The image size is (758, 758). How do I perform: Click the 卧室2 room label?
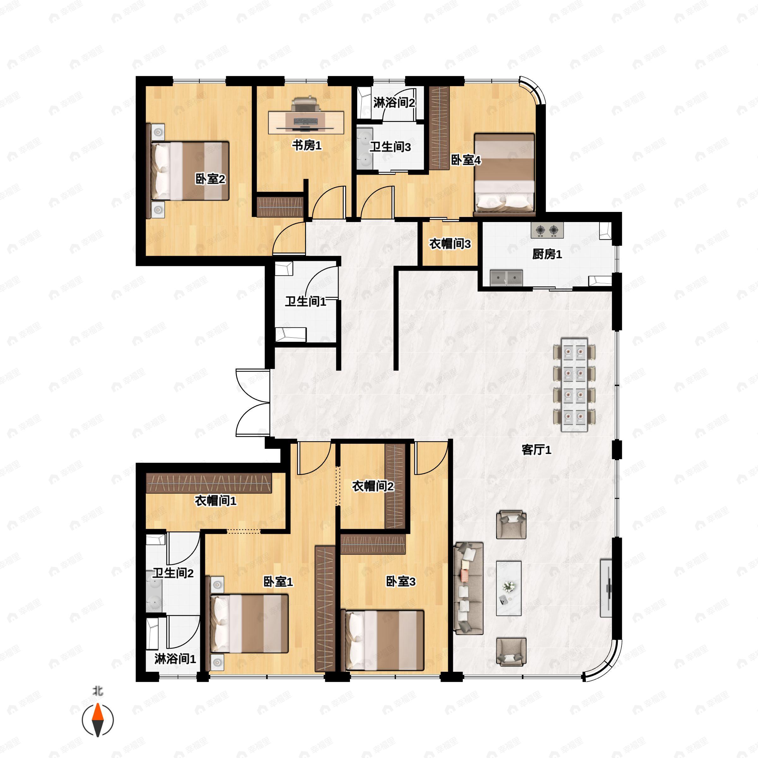[210, 179]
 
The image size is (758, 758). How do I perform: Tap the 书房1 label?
[306, 146]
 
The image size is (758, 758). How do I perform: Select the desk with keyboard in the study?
[306, 122]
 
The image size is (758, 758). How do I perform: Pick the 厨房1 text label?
[547, 254]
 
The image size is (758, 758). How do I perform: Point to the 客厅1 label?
[536, 450]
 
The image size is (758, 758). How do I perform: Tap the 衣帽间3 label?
[450, 244]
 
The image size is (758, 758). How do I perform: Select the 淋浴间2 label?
[394, 103]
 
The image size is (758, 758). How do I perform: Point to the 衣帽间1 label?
[215, 501]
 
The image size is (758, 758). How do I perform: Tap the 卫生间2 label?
[173, 573]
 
